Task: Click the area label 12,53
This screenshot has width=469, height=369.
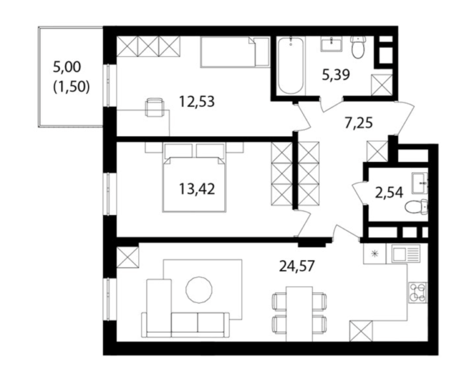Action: [x=197, y=102]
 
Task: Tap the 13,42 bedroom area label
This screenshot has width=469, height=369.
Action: [x=197, y=189]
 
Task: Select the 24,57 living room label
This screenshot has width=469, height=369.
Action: [x=297, y=266]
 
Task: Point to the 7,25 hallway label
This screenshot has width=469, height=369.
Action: [x=358, y=123]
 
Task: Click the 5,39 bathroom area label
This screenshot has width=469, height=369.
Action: [x=336, y=75]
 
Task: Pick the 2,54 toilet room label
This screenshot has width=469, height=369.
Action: [x=389, y=192]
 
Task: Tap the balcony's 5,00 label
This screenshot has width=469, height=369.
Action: [x=67, y=67]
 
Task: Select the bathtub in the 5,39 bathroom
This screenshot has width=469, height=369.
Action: [x=290, y=65]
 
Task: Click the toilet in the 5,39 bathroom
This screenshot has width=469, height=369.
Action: [x=357, y=47]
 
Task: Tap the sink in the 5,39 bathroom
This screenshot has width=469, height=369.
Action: [x=332, y=44]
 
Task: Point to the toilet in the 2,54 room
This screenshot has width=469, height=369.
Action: [x=416, y=206]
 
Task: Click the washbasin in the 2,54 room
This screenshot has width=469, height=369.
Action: [x=420, y=183]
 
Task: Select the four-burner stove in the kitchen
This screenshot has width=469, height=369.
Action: [x=418, y=293]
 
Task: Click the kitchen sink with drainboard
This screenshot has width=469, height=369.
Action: [x=404, y=254]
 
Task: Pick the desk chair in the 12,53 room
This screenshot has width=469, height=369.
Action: [x=155, y=108]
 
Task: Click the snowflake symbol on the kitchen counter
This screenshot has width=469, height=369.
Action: [x=374, y=254]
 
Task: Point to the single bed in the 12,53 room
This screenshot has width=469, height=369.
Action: [x=234, y=52]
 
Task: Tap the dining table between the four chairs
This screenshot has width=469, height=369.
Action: [x=299, y=313]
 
